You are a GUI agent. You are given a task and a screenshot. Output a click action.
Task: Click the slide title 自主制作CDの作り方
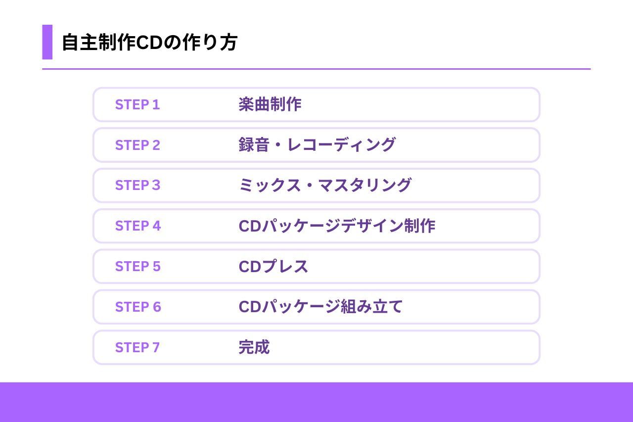(x=149, y=43)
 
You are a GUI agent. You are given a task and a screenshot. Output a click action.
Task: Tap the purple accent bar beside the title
(x=47, y=42)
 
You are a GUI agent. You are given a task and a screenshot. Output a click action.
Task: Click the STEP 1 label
(x=137, y=105)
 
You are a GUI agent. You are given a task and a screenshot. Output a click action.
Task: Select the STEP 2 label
(x=137, y=145)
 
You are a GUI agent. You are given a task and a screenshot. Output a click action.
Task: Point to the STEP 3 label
(x=137, y=186)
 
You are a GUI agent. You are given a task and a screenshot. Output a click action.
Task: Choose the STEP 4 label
(x=138, y=226)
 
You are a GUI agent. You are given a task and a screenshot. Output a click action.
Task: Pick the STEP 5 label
(x=137, y=267)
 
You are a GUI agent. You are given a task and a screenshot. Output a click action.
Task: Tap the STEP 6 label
(x=138, y=307)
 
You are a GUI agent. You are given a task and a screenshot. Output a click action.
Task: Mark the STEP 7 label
(x=137, y=348)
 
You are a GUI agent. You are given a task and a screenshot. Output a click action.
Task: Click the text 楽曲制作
(x=270, y=105)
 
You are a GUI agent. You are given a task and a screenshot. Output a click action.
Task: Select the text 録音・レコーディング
(x=317, y=145)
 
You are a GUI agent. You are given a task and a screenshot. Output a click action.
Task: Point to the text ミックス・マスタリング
(x=325, y=186)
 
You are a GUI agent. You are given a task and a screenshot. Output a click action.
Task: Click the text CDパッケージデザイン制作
(x=337, y=226)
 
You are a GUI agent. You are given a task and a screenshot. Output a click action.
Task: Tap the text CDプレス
(x=273, y=267)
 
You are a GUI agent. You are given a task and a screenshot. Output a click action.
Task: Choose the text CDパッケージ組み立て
(x=320, y=307)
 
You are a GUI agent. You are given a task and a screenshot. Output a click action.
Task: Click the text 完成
(x=254, y=347)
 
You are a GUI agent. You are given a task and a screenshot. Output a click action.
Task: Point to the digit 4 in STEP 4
(x=157, y=226)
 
